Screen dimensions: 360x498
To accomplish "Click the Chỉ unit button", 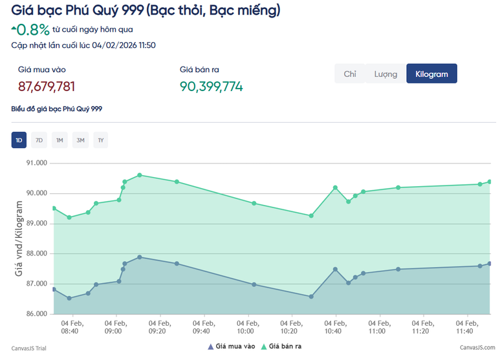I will click(x=350, y=74).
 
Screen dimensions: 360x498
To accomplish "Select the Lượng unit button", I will click(x=385, y=74).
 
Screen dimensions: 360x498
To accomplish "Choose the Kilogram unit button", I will click(x=431, y=74).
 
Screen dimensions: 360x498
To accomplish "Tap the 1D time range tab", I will click(x=19, y=140).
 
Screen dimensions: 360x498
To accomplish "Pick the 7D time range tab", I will click(x=39, y=140).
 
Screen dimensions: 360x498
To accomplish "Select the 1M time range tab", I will click(x=60, y=140).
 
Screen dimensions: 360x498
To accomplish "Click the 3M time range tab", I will click(x=80, y=140).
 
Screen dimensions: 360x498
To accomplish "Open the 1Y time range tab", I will click(x=100, y=140).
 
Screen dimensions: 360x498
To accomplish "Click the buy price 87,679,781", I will click(x=47, y=87).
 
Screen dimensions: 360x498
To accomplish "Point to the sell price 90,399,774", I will click(x=211, y=87).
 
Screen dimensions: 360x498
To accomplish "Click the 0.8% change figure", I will click(x=33, y=30).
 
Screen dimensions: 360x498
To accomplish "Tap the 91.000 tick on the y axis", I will click(x=36, y=163).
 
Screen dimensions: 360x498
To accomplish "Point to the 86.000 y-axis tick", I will click(x=36, y=314).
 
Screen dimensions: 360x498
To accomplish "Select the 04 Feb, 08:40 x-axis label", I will click(x=70, y=327).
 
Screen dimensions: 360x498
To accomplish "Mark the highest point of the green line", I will click(x=140, y=175).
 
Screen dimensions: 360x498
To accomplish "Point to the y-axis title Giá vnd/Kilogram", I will click(x=19, y=238).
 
